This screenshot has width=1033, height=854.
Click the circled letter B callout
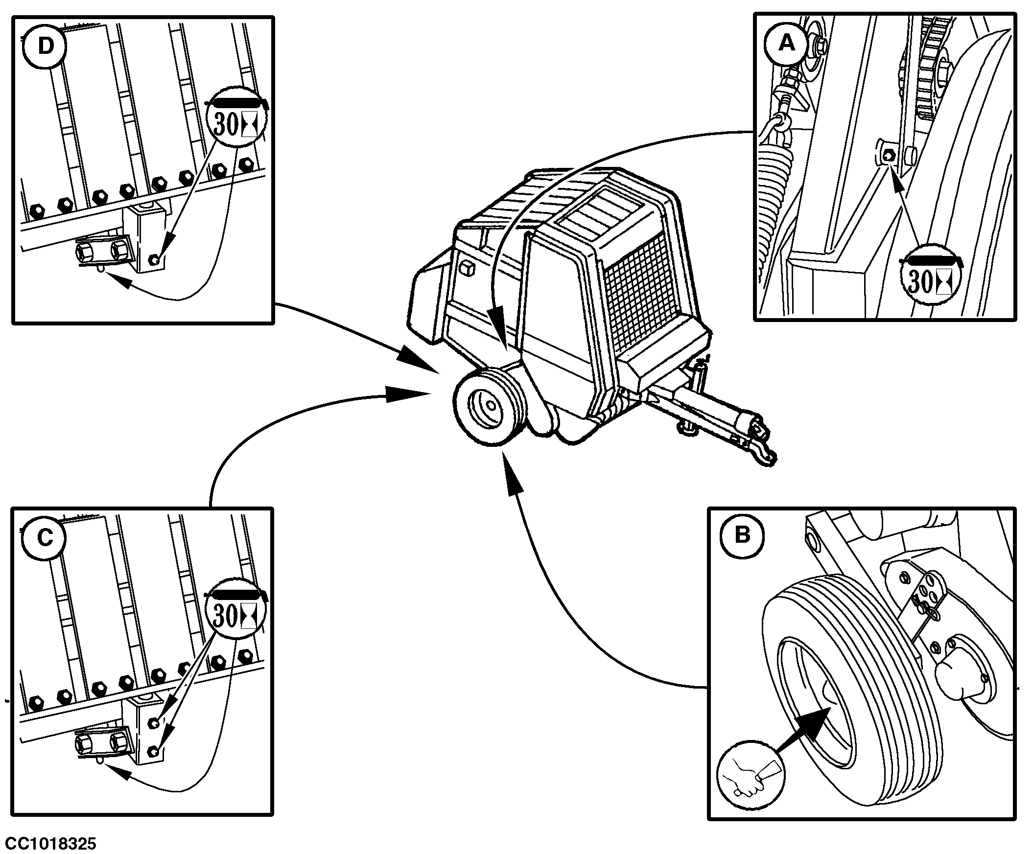tap(742, 535)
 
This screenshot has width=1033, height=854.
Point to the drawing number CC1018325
tap(51, 844)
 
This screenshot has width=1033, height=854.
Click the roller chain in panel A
tap(929, 74)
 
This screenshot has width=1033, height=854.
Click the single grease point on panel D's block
tap(154, 259)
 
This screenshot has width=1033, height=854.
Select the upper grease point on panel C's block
tap(153, 722)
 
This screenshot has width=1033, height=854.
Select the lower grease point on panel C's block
tap(153, 751)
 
